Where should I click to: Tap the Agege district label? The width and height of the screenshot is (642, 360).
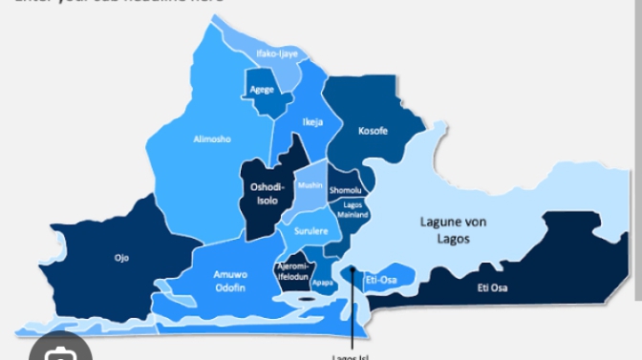click(x=262, y=90)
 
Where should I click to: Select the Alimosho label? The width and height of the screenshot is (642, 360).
click(x=212, y=139)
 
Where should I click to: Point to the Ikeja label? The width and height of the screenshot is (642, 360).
click(x=312, y=122)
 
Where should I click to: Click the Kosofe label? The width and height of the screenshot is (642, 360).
click(x=373, y=131)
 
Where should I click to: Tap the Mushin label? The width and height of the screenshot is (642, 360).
click(x=310, y=185)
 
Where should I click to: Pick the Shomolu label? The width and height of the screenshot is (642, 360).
click(x=345, y=191)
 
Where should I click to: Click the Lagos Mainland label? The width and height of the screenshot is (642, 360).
click(x=353, y=210)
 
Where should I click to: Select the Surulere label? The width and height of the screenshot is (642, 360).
click(x=310, y=232)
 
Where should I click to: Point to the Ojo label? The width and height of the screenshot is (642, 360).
click(x=121, y=258)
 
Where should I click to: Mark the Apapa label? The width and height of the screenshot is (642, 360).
click(x=322, y=283)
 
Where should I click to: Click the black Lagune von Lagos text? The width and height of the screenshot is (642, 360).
click(x=454, y=230)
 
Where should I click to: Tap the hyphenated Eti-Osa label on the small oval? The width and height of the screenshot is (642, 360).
click(x=382, y=280)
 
